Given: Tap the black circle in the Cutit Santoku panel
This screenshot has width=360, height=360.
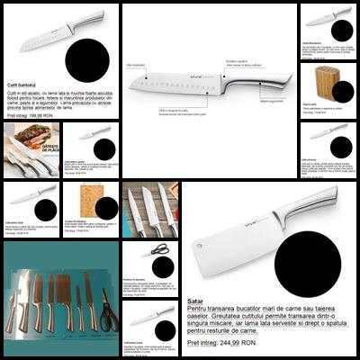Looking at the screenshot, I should (x=90, y=60).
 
